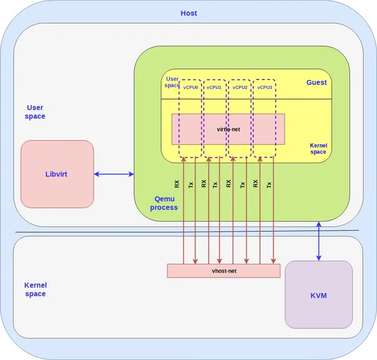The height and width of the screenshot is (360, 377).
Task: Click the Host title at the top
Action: (188, 13)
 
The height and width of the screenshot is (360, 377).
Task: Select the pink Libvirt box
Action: (57, 174)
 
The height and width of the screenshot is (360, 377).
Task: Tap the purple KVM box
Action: (318, 295)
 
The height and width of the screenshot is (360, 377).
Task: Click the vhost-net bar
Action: (224, 271)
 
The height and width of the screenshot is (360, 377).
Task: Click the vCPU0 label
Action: (190, 87)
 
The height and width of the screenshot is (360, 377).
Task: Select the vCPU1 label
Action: (214, 87)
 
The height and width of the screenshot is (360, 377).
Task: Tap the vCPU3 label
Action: (264, 87)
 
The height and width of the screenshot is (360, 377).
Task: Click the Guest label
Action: (316, 82)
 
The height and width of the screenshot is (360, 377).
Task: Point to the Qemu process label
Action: (164, 203)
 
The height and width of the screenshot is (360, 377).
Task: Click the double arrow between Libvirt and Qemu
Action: (114, 174)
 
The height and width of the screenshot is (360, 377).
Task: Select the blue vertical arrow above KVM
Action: (319, 241)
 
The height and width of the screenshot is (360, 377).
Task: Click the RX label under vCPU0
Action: (177, 184)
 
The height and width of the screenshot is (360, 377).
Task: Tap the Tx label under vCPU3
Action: (269, 184)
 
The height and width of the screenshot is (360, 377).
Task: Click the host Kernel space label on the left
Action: (35, 289)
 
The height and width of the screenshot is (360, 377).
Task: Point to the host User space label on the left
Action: (35, 112)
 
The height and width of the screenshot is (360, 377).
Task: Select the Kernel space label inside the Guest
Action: (318, 149)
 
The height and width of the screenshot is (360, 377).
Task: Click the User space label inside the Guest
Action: (172, 82)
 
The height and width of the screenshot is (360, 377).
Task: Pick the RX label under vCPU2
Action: (228, 184)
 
